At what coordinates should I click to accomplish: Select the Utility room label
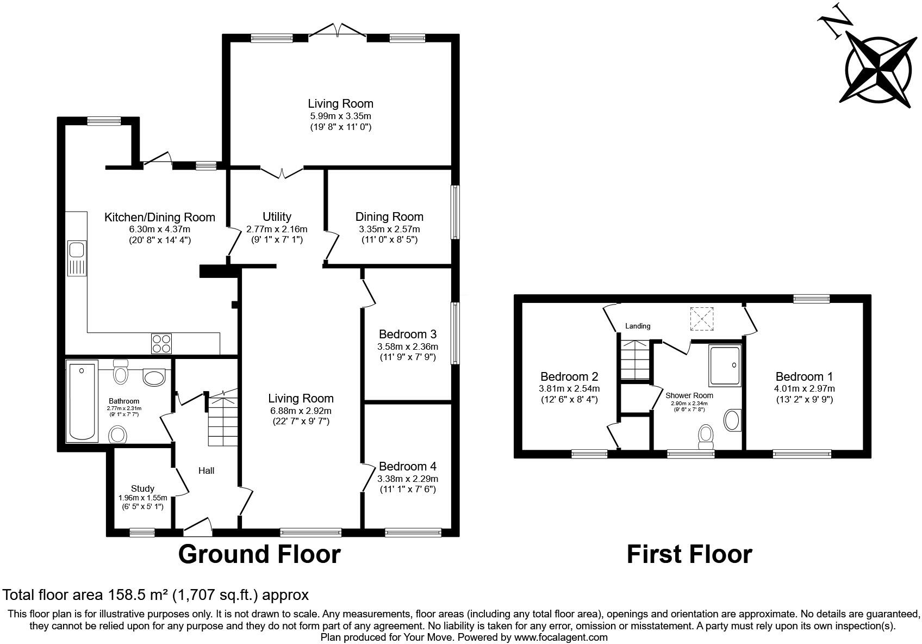[x=277, y=217]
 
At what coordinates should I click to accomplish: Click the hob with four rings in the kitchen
[x=161, y=343]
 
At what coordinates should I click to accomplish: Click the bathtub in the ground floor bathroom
[x=82, y=401]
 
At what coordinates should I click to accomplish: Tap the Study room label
[x=142, y=488]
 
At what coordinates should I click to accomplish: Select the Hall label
[x=206, y=470]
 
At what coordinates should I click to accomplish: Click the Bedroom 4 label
[x=408, y=466]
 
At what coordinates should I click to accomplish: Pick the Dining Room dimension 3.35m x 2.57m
[x=389, y=230]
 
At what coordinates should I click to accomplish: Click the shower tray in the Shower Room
[x=725, y=366]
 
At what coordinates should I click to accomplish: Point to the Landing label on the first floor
[x=638, y=326]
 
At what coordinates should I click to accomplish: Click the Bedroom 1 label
[x=804, y=376]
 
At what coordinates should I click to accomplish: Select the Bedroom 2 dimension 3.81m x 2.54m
[x=569, y=388]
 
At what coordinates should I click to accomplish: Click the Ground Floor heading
[x=259, y=554]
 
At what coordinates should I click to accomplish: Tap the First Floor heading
[x=689, y=554]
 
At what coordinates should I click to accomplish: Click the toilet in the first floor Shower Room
[x=706, y=436]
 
